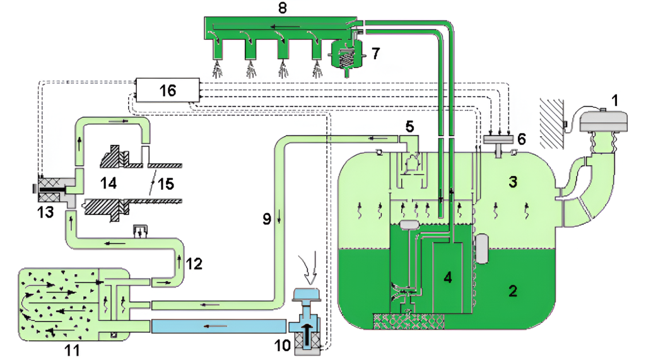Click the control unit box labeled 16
168,90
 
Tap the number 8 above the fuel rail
282,8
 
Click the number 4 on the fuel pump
448,277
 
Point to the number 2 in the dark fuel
512,291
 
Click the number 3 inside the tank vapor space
512,182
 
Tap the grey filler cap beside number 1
603,120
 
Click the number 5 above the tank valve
409,127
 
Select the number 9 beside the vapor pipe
267,219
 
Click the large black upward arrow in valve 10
308,334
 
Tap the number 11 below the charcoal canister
72,351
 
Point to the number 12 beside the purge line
194,264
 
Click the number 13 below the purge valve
45,212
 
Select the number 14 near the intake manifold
109,183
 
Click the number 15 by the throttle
165,184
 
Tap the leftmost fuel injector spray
218,69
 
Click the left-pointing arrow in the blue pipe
216,326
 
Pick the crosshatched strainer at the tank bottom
408,321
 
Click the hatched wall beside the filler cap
552,124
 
